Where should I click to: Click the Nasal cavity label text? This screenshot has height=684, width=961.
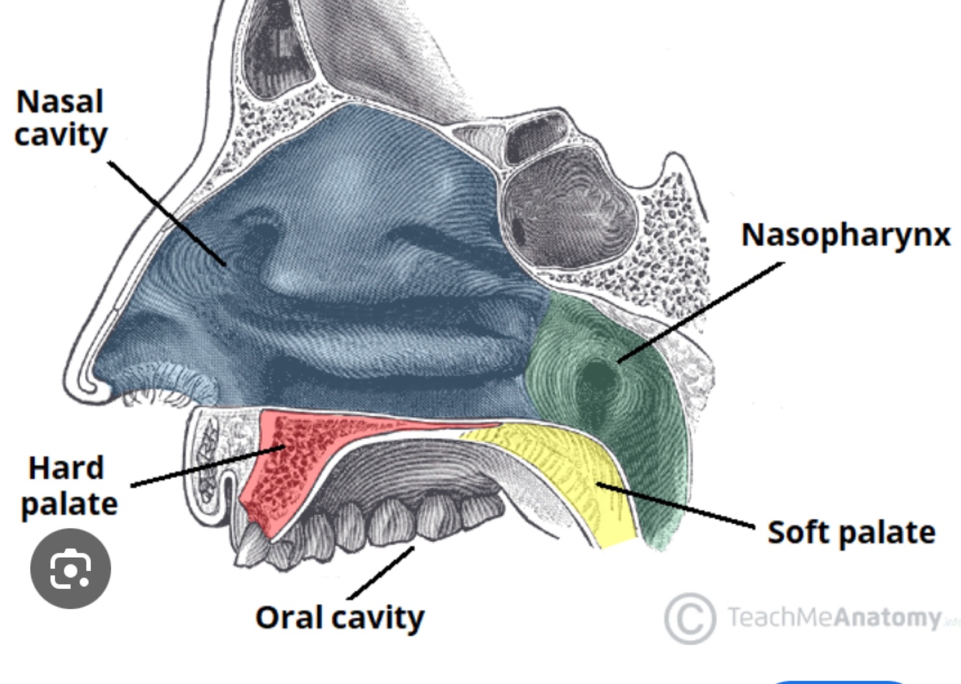pyautogui.click(x=61, y=118)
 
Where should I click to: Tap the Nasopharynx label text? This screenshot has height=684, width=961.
pyautogui.click(x=846, y=236)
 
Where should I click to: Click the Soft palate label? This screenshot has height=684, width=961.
pyautogui.click(x=851, y=533)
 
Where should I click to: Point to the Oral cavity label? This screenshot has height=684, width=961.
pyautogui.click(x=340, y=618)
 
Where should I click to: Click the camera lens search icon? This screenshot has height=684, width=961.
pyautogui.click(x=71, y=569)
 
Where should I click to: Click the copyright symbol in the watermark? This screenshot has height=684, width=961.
pyautogui.click(x=689, y=618)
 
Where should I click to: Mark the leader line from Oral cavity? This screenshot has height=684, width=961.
pyautogui.click(x=382, y=573)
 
